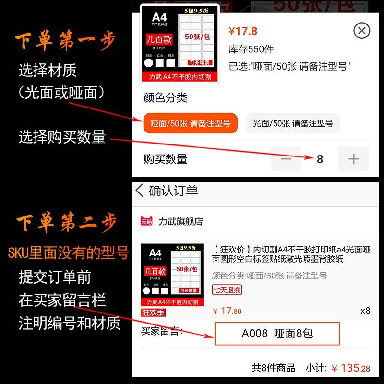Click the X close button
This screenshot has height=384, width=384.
[361, 31]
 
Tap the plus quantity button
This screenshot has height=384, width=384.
[353, 159]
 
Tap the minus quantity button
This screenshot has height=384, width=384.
[286, 159]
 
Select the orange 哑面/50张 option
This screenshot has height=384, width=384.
[190, 123]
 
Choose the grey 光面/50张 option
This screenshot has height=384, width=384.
[293, 123]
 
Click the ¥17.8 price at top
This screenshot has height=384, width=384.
[243, 31]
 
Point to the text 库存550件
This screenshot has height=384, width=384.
[251, 49]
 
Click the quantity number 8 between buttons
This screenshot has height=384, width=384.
[320, 159]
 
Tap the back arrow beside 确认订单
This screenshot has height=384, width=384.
[140, 191]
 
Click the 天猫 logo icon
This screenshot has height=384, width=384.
[146, 221]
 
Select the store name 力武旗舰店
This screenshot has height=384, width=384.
[180, 221]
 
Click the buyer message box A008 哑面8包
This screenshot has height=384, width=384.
[277, 333]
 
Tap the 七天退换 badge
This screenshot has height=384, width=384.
[227, 289]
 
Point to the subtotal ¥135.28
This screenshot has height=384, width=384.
[350, 368]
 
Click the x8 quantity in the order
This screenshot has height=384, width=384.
[365, 311]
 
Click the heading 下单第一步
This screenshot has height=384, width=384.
[65, 42]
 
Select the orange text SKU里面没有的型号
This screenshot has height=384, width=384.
[69, 253]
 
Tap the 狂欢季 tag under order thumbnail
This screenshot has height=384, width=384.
[153, 312]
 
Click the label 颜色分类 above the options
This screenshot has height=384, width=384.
[165, 98]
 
